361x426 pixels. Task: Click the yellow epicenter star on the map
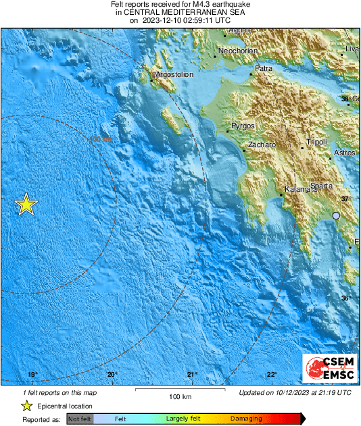(x=26, y=204)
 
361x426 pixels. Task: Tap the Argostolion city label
(x=175, y=75)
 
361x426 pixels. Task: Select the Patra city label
(x=263, y=68)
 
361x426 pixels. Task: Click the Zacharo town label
(x=261, y=145)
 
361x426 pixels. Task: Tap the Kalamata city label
(x=300, y=189)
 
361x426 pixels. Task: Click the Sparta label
(x=321, y=186)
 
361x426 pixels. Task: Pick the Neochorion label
(x=237, y=51)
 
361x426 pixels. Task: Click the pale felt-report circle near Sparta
(x=336, y=216)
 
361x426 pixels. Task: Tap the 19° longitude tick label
(x=32, y=375)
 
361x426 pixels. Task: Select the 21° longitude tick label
(x=192, y=375)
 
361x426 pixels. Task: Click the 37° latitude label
(x=345, y=198)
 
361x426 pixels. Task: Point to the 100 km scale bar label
(x=179, y=396)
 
